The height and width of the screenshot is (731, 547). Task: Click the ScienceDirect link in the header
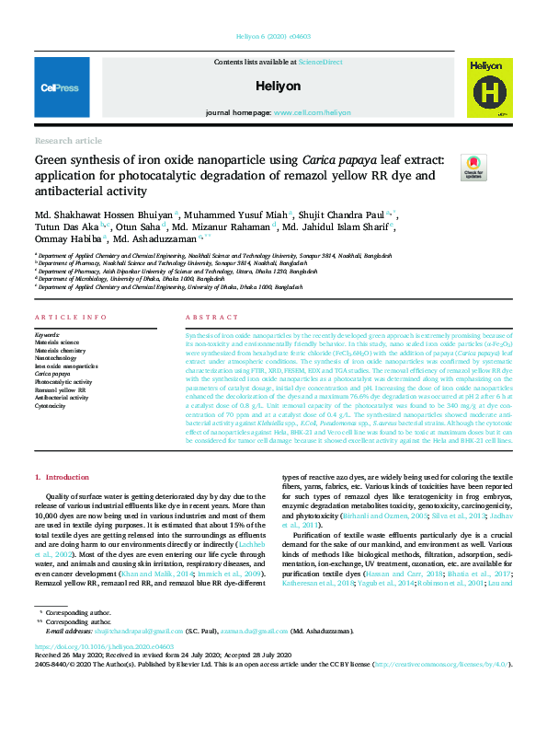(x=320, y=61)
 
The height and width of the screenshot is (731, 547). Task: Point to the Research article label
(x=69, y=140)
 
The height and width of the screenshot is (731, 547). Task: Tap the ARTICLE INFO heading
(x=70, y=317)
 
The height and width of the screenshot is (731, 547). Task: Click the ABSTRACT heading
(x=205, y=317)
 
